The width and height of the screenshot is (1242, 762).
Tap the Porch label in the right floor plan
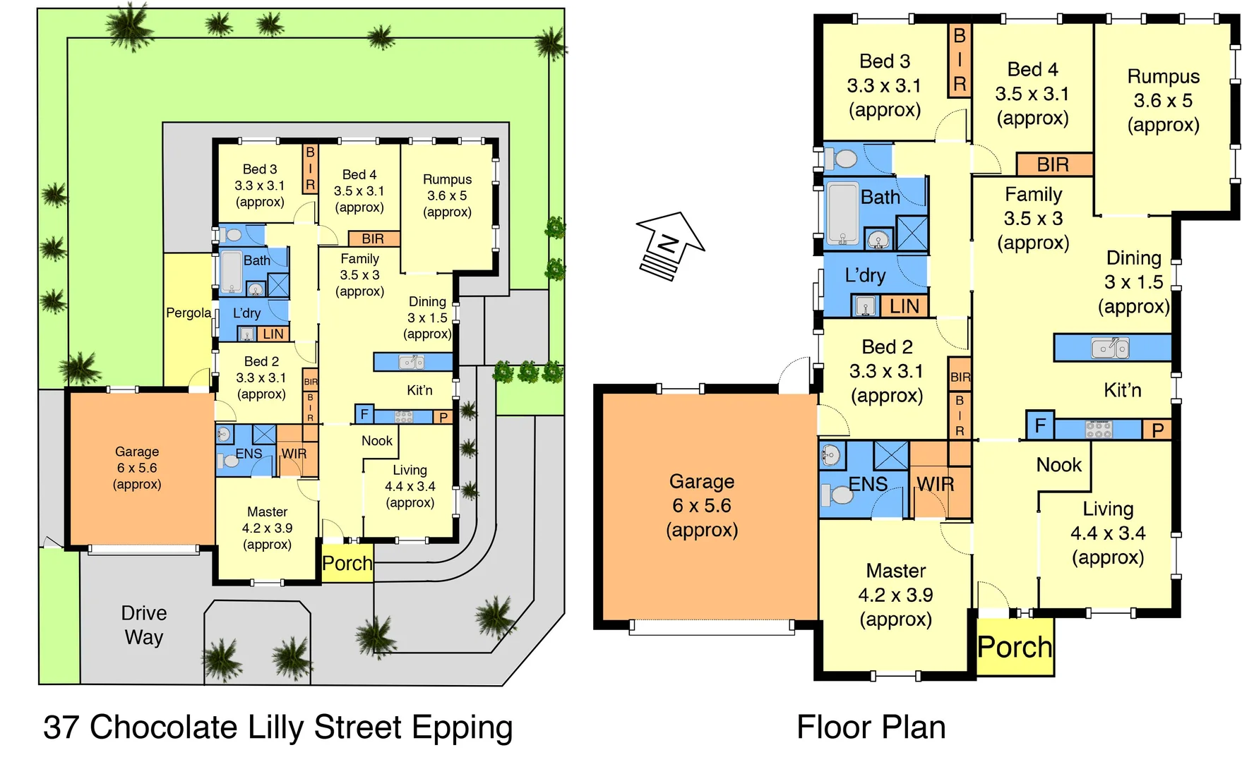1015,647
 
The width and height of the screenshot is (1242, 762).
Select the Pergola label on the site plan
189,313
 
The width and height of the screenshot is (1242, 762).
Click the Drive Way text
144,625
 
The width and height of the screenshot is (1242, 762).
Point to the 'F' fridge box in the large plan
1040,425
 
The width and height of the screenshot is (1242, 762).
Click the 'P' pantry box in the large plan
1157,430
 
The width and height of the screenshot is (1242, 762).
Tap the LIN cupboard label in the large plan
904,306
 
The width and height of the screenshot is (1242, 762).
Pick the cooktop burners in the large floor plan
1098,429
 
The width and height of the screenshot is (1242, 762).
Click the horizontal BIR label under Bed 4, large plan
1053,164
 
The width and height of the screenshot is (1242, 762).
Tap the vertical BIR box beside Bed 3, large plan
959,61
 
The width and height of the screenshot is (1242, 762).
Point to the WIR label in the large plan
935,484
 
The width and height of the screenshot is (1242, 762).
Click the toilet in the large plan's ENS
838,494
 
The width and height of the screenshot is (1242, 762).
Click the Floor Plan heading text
871,727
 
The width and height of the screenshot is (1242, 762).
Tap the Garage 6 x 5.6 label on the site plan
137,468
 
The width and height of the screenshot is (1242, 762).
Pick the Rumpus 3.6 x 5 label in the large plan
1163,100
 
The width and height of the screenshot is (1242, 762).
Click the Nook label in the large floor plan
1058,465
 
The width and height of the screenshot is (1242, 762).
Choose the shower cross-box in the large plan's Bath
912,233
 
